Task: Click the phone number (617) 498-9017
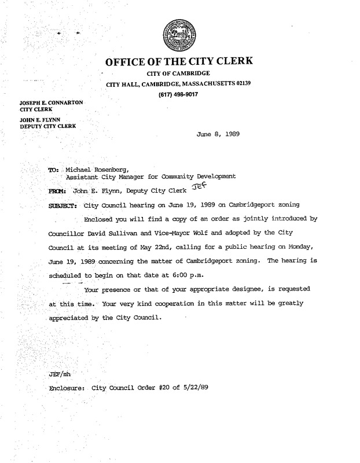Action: click(x=179, y=95)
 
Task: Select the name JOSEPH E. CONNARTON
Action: click(x=52, y=102)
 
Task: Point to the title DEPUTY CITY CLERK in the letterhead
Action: click(x=49, y=126)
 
